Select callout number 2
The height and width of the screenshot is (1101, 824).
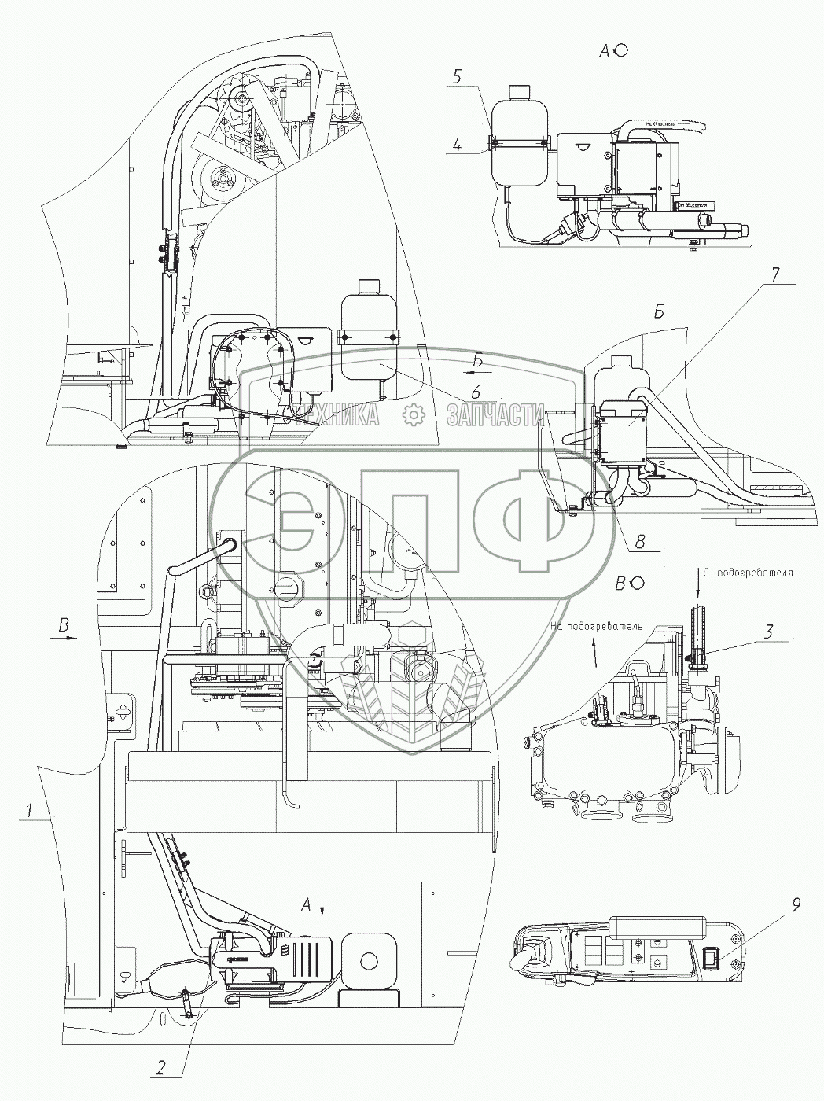coord(160,1067)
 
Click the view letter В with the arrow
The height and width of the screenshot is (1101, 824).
coord(62,626)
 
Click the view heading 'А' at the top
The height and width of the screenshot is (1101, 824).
coord(605,51)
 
